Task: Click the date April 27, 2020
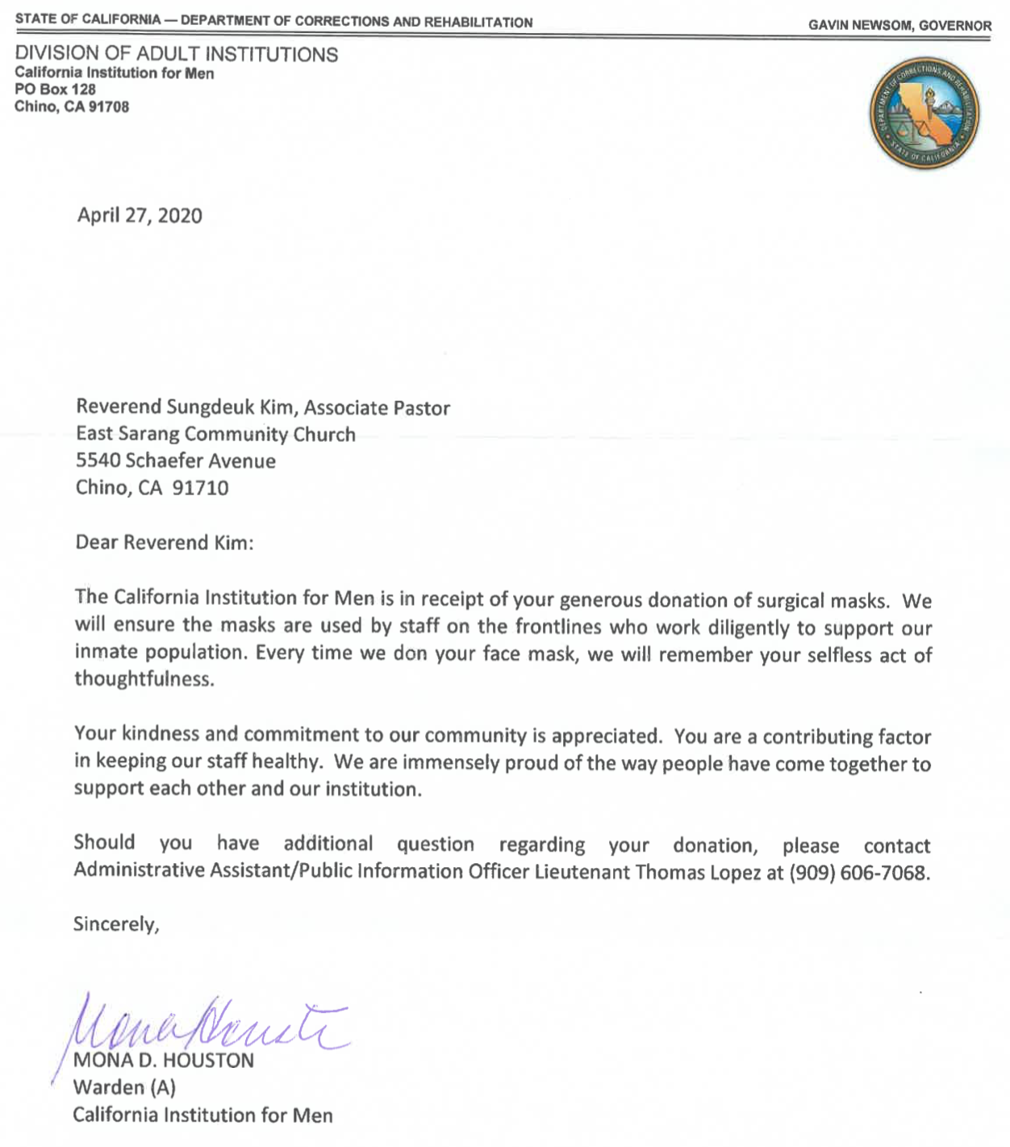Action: [x=140, y=215]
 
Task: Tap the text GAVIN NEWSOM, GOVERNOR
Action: [x=899, y=25]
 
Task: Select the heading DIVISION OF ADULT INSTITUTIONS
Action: [x=177, y=55]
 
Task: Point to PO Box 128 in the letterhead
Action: [x=55, y=90]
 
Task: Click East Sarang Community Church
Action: [x=215, y=434]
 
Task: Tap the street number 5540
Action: [x=98, y=461]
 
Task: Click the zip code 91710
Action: [x=201, y=487]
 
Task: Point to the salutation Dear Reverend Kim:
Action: [x=165, y=542]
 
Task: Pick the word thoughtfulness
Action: [x=144, y=678]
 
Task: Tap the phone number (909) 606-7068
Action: [x=859, y=873]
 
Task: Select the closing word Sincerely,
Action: [x=116, y=924]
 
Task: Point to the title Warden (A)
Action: [x=124, y=1087]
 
